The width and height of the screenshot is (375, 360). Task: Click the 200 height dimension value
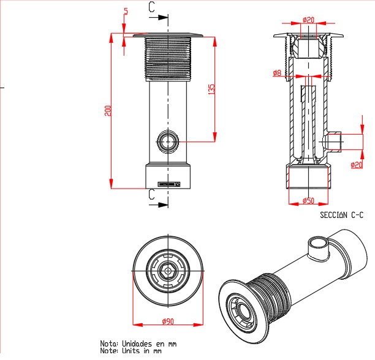(x=108, y=111)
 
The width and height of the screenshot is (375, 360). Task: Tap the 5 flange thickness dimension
(x=126, y=12)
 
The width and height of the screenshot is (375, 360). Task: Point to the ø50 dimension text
(x=308, y=201)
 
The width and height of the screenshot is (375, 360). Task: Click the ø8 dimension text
(x=276, y=73)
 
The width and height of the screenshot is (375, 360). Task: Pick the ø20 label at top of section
(x=308, y=20)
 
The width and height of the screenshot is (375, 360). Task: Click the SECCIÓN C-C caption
(x=342, y=215)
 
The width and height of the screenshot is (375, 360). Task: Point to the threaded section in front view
(x=168, y=59)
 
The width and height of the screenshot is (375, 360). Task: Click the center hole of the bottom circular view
(x=167, y=269)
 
